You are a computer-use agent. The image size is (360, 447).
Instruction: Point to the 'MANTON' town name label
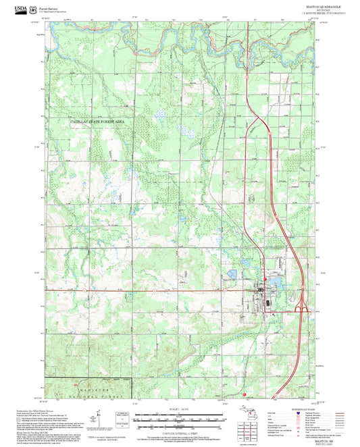coord(231,278)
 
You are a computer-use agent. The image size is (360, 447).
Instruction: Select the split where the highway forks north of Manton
coord(255,122)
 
